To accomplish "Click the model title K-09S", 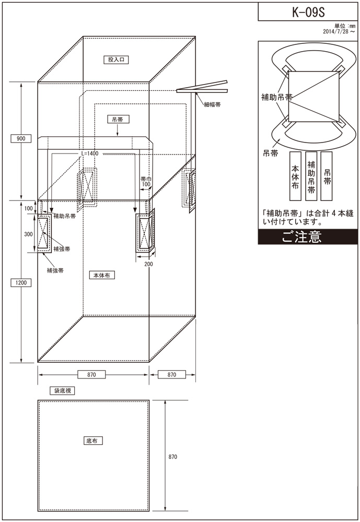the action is pos(308,13).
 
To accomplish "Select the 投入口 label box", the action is pos(116,60).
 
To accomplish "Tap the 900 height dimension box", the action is pos(21,138).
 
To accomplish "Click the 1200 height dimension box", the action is pos(21,282).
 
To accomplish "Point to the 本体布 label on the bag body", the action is pos(102,275).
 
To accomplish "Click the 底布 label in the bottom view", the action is pos(92,441).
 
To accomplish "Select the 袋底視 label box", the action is pos(62,390).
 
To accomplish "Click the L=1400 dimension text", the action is pos(90,153).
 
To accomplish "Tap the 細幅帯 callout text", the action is pos(212,104).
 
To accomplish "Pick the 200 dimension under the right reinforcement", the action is pos(149,264).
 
